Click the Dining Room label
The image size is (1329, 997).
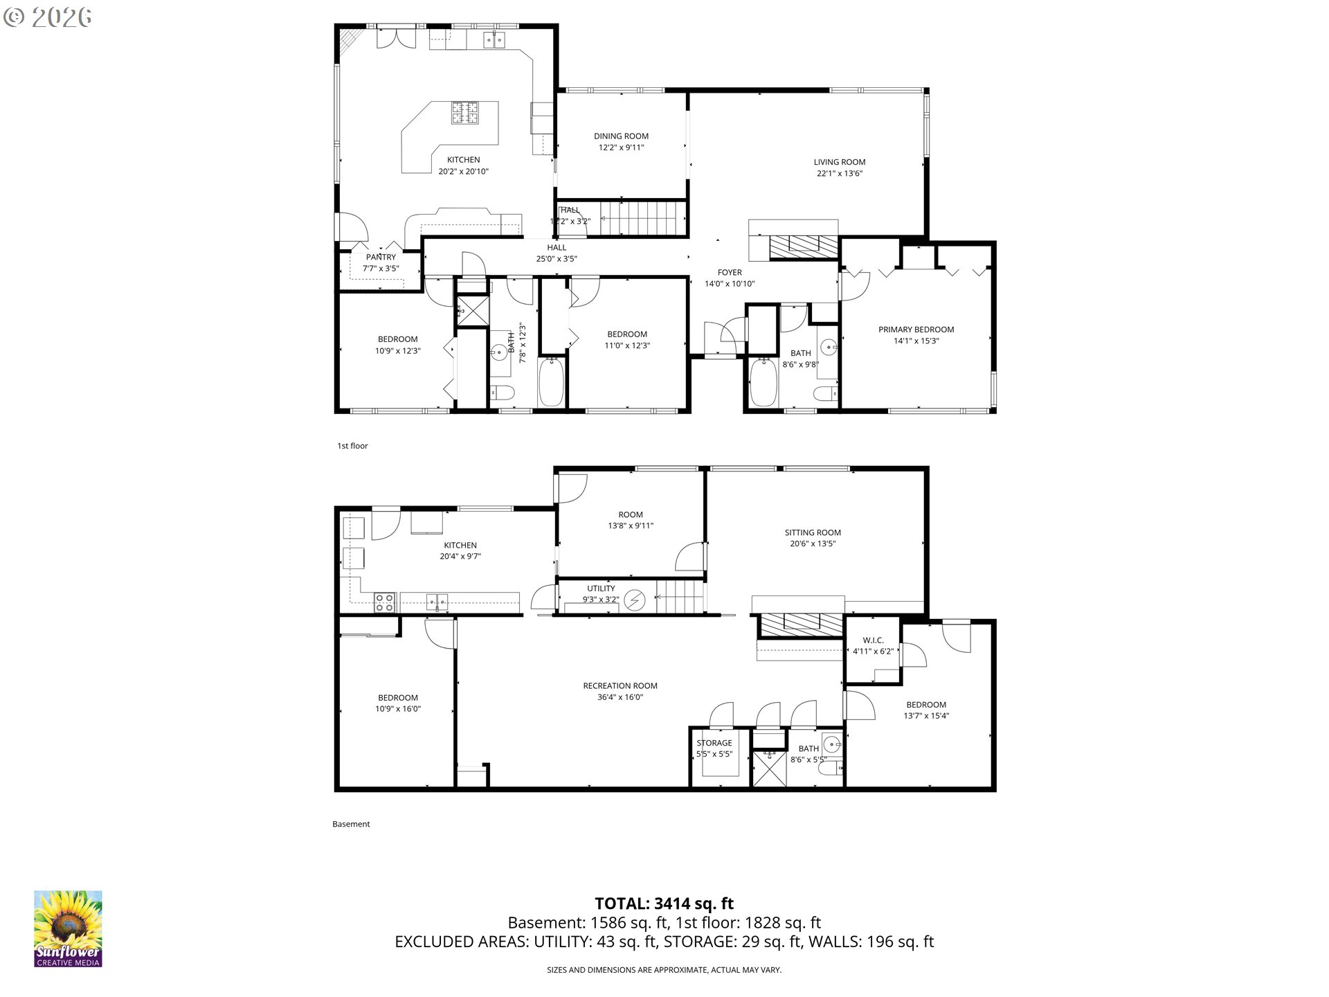621,136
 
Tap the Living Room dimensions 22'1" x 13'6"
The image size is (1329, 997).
839,174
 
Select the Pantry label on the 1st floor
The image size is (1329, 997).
381,258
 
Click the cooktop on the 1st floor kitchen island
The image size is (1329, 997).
465,114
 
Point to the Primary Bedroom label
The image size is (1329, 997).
916,330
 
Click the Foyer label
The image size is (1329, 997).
730,273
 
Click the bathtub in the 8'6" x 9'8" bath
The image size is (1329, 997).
764,382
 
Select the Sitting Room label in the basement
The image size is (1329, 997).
813,532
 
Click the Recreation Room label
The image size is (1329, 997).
620,686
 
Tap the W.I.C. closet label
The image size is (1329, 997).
873,640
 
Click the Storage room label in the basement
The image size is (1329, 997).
714,743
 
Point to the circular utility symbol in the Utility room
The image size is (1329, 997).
633,600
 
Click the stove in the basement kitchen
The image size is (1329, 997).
385,602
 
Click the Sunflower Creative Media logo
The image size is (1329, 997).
68,928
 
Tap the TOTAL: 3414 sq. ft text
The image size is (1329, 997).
664,904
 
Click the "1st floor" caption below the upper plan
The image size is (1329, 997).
352,446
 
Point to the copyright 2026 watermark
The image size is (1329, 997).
47,17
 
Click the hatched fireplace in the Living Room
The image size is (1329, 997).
804,246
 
